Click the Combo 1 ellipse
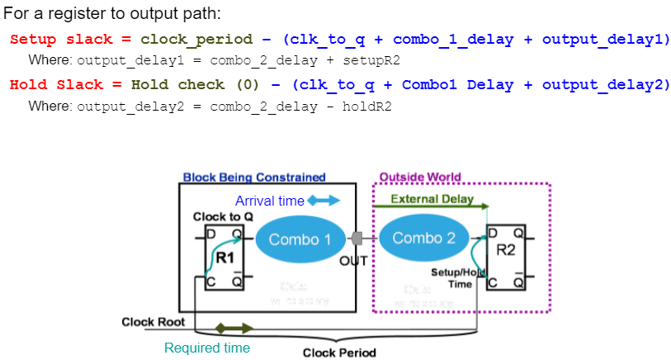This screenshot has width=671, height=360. click(x=299, y=239)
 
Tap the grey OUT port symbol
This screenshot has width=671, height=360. click(x=357, y=238)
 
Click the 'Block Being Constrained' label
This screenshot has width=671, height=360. click(x=254, y=178)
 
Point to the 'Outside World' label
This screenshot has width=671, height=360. click(x=419, y=178)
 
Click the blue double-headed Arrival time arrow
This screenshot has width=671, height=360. click(x=324, y=201)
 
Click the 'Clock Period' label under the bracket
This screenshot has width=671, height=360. click(x=339, y=353)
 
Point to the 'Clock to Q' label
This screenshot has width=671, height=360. click(x=217, y=216)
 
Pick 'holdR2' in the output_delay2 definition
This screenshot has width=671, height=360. click(x=367, y=107)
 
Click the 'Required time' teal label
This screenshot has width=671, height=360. click(x=207, y=348)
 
